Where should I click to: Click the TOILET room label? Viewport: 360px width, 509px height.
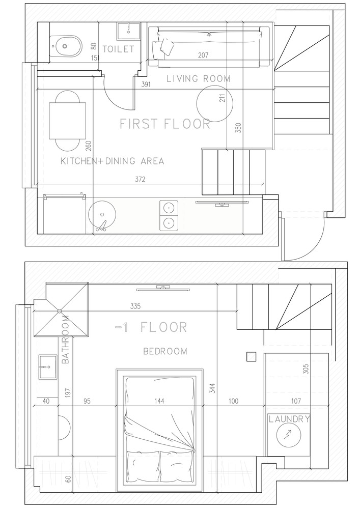click(118, 49)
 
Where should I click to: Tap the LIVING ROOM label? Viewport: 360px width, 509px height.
click(199, 78)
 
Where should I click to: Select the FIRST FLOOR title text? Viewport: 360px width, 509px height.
click(165, 124)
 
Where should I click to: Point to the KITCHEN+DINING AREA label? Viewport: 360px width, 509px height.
click(113, 161)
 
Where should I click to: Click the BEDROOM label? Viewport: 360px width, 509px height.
click(165, 351)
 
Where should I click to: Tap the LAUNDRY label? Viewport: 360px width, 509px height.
click(289, 419)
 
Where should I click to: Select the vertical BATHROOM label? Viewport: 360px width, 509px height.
click(65, 339)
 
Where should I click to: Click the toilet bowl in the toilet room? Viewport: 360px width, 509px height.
click(65, 46)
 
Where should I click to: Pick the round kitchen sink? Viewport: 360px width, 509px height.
click(102, 215)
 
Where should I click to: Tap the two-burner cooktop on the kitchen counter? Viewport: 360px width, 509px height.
click(169, 215)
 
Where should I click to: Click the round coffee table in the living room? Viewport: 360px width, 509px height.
click(214, 103)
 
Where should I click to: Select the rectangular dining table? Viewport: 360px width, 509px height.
click(68, 121)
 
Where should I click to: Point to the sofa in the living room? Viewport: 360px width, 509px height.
click(209, 47)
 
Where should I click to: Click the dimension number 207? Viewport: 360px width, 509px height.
click(203, 55)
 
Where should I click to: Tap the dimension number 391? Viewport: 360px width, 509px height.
click(146, 84)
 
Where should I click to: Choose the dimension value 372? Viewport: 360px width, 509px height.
click(140, 179)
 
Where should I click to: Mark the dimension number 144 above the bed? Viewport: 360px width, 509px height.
click(159, 401)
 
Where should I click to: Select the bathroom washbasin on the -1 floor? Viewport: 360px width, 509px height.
click(48, 367)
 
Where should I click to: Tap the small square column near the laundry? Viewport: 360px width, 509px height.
click(251, 357)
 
